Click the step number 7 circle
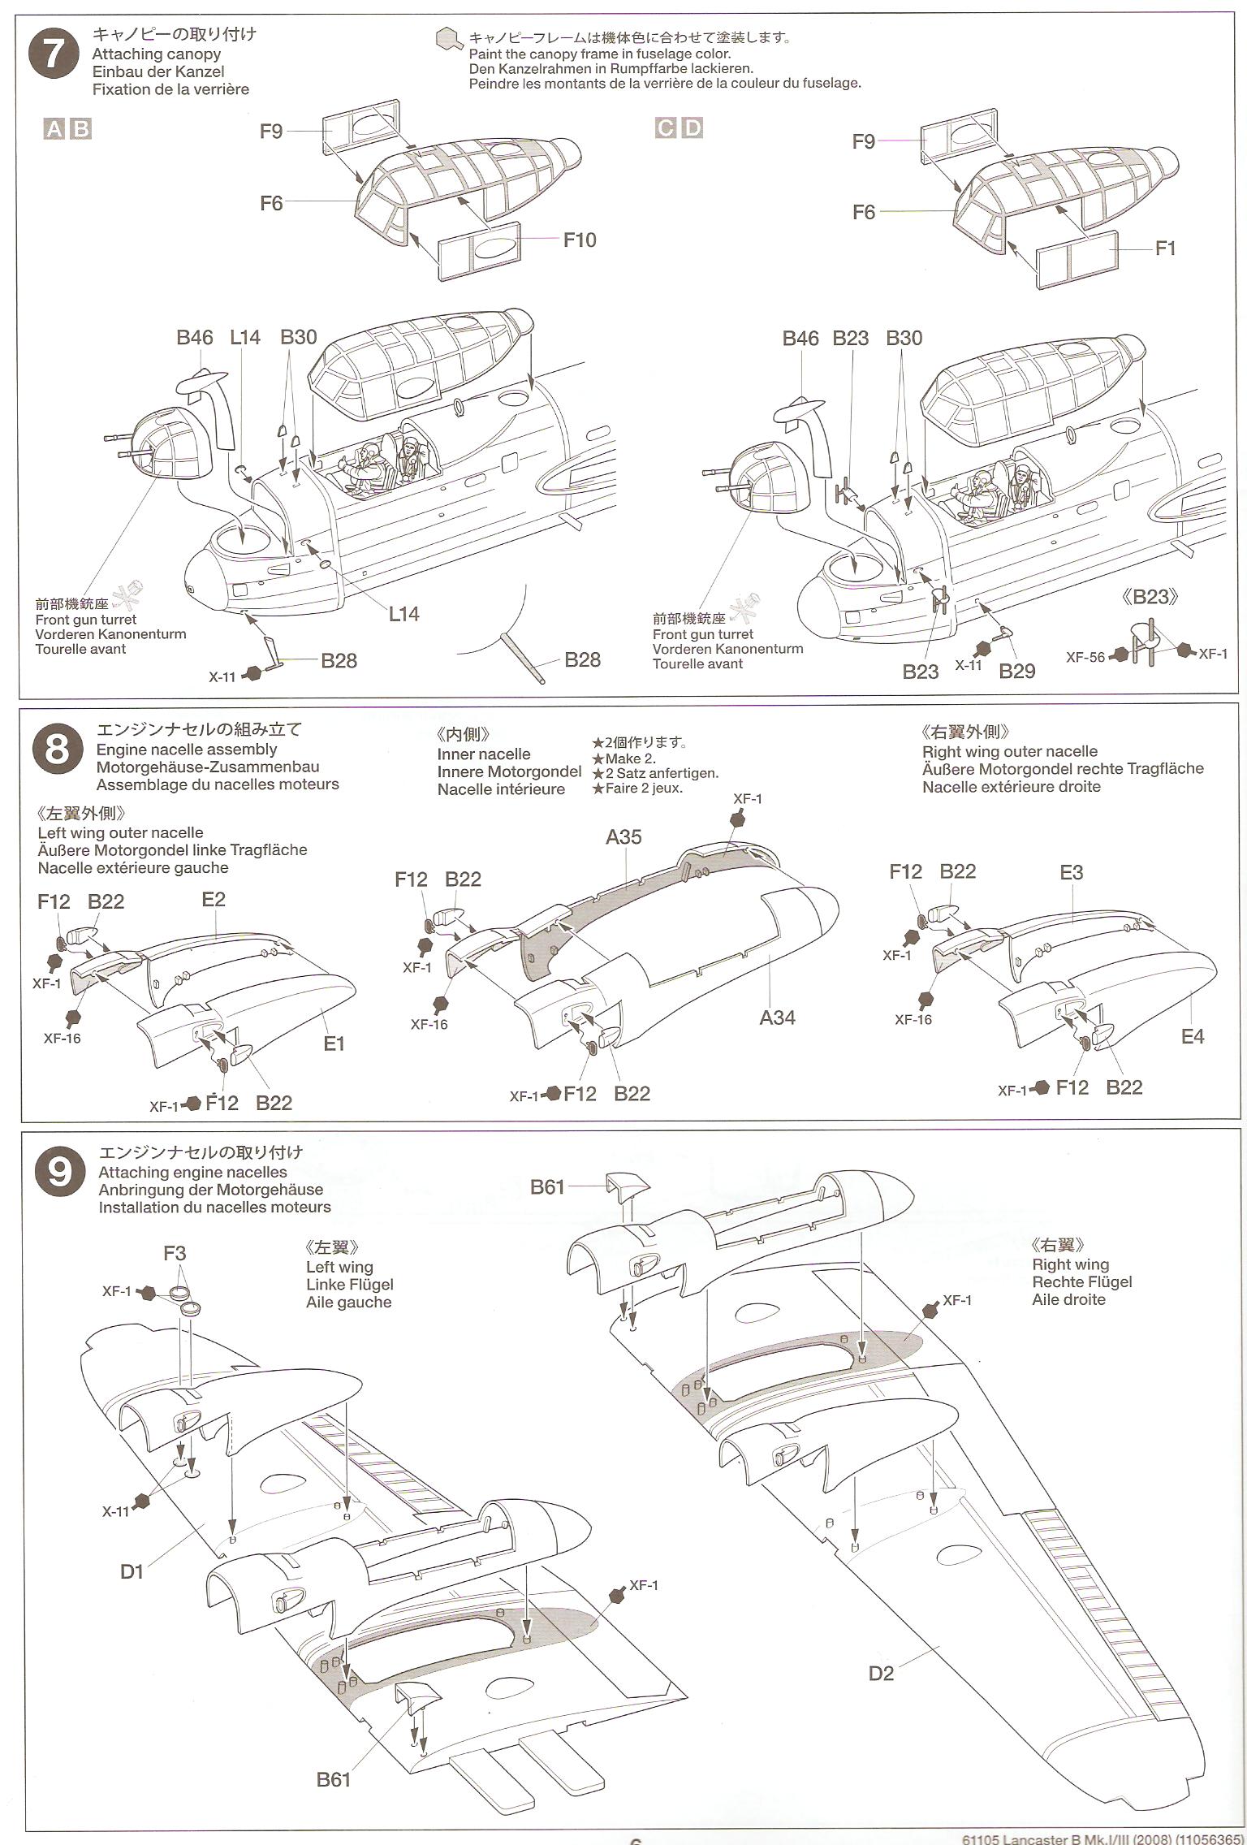tap(53, 54)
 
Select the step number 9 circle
tap(60, 1173)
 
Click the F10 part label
tap(580, 240)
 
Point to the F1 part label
tap(1165, 248)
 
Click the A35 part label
tap(623, 837)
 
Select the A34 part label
tap(777, 1017)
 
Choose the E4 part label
tap(1193, 1036)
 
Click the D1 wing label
tap(132, 1572)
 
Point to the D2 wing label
tap(881, 1673)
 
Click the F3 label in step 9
tap(175, 1253)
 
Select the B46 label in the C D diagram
tap(800, 339)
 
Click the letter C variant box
tap(666, 128)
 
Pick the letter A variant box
tap(54, 128)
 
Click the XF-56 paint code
tap(1085, 657)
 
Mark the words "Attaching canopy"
tap(157, 54)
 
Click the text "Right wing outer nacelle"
tap(1009, 752)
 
